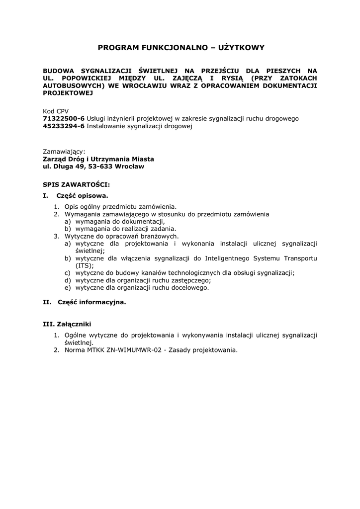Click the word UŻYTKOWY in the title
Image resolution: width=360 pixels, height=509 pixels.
pyautogui.click(x=240, y=48)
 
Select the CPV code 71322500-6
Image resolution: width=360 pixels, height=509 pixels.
pyautogui.click(x=64, y=118)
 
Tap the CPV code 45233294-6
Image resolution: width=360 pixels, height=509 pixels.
pyautogui.click(x=64, y=126)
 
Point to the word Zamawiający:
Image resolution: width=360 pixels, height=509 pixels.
pyautogui.click(x=64, y=151)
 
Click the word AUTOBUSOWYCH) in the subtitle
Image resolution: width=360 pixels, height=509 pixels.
pyautogui.click(x=73, y=85)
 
